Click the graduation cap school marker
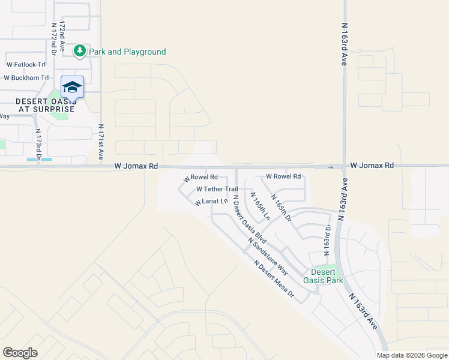point(72,88)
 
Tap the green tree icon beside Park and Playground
point(80,52)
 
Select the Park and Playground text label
point(127,52)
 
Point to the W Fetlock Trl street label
point(26,64)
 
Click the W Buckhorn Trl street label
point(26,77)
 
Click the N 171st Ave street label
point(101,142)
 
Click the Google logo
point(20,353)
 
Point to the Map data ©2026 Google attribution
point(411,355)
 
